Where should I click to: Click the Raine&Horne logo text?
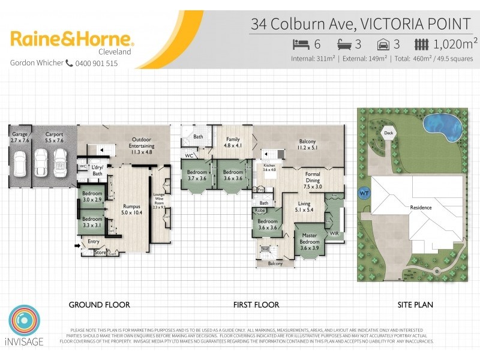72,40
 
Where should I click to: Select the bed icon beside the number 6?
301,43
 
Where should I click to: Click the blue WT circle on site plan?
364,194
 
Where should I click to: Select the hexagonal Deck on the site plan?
388,133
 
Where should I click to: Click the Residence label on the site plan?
421,207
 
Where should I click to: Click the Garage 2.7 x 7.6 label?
20,137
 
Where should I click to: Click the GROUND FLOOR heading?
99,305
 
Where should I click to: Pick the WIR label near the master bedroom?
334,233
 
